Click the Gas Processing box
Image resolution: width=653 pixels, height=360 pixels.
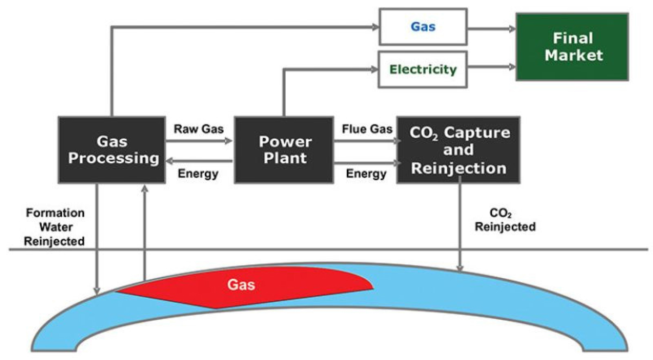point(111,150)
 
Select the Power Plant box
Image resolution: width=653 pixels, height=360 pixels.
point(283,150)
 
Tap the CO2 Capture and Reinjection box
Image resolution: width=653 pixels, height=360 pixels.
point(458,150)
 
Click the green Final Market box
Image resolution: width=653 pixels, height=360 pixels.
point(572,46)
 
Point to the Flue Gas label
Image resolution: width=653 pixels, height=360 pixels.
point(367,129)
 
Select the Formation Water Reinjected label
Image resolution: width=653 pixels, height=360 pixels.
point(55,227)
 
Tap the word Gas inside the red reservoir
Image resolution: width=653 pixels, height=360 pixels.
point(241,285)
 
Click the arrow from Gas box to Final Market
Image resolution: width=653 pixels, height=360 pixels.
point(492,29)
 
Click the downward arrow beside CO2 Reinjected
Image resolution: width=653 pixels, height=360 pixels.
point(460,226)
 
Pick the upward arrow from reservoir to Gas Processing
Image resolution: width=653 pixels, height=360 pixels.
point(145,231)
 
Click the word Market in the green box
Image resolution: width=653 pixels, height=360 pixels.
point(573,55)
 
